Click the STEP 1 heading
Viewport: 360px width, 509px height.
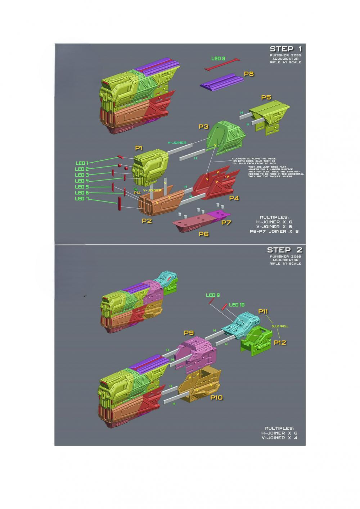tap(286, 49)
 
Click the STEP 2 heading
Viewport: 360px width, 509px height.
tap(284, 250)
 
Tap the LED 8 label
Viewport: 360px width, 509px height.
tap(218, 58)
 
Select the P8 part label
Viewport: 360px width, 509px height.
tap(249, 74)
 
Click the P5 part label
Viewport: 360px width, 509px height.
tap(266, 97)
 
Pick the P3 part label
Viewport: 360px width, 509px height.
tap(203, 127)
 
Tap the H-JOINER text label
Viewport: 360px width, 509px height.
tap(177, 143)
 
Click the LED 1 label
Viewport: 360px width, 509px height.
tap(82, 163)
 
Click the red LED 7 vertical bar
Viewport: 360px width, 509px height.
tap(119, 203)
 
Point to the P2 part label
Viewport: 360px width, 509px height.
tap(147, 221)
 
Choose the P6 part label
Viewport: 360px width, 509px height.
tap(204, 234)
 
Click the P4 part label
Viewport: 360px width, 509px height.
tap(234, 198)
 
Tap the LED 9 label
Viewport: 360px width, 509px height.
tap(213, 295)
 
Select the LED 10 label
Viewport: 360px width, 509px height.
tap(237, 305)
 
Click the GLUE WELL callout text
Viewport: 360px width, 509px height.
tap(280, 326)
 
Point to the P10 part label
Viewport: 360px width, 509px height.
tap(216, 397)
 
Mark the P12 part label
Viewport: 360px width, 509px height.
tap(280, 342)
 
